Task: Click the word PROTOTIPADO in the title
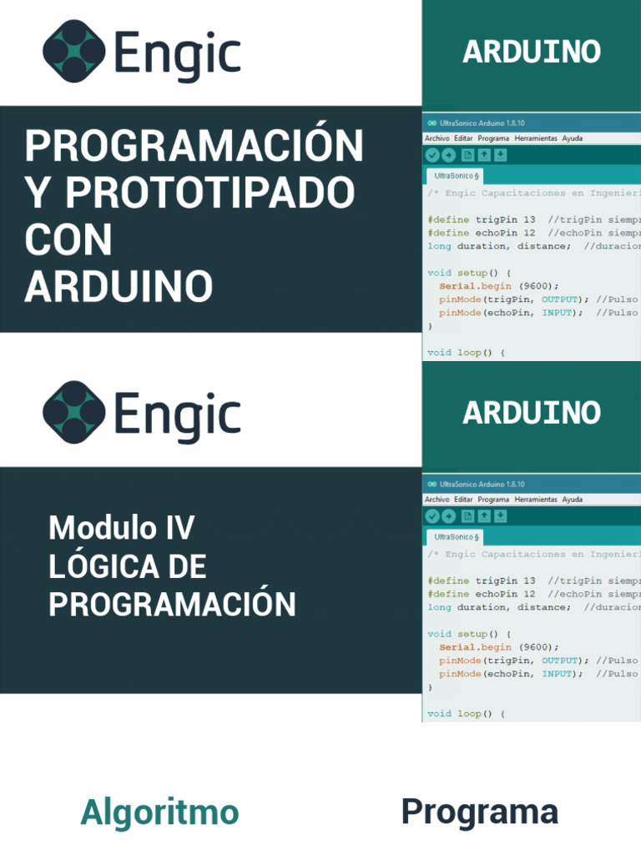210,193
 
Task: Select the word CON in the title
68,241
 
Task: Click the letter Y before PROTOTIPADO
38,193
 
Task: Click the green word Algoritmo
159,812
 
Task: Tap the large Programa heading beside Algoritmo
479,812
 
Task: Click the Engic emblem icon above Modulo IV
73,413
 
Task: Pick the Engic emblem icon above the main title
73,52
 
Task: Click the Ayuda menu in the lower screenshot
572,500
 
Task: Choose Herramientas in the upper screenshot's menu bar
535,138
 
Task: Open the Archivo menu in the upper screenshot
437,138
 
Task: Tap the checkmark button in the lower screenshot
432,516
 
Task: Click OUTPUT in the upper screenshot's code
559,299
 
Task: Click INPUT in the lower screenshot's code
557,674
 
